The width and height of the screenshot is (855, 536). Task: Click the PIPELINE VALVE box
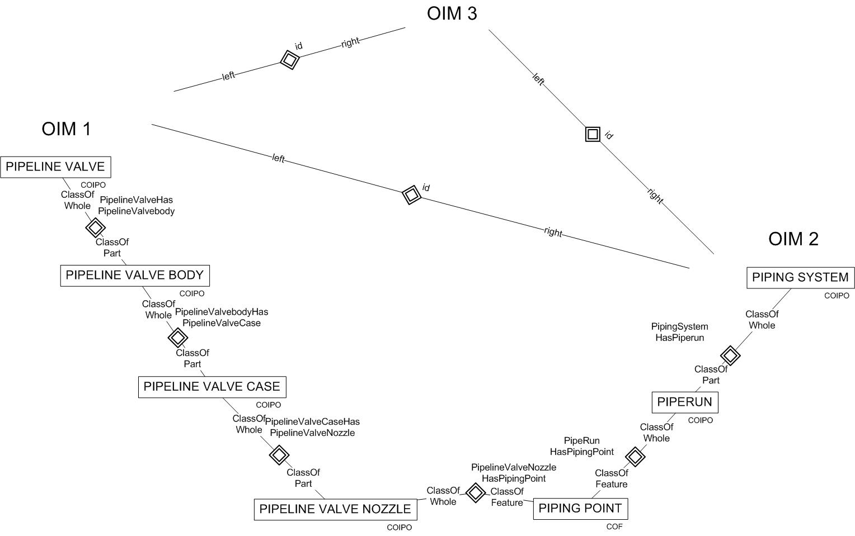click(x=55, y=167)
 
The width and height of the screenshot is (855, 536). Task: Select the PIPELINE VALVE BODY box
click(x=135, y=276)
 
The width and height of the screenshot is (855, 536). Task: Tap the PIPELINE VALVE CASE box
click(x=212, y=387)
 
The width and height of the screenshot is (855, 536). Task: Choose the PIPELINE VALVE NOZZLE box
click(x=335, y=509)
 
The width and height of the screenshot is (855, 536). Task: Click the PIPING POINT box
click(x=580, y=509)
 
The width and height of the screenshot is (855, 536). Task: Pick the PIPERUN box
click(x=684, y=402)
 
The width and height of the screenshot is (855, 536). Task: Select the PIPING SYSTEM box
click(x=800, y=278)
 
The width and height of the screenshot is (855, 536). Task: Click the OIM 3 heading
click(x=452, y=13)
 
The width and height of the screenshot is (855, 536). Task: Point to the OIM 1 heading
click(x=66, y=129)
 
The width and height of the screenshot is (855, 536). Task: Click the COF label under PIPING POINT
click(x=614, y=526)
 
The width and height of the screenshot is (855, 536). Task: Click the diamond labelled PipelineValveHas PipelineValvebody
click(x=95, y=227)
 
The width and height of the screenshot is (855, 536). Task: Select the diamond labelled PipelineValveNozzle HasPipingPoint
click(x=476, y=492)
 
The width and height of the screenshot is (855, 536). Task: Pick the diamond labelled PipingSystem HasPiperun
click(x=730, y=355)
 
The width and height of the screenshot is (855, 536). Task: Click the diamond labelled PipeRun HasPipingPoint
click(x=635, y=457)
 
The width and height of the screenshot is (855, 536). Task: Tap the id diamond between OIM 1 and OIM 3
click(x=289, y=59)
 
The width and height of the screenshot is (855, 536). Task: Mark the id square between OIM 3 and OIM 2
click(x=593, y=134)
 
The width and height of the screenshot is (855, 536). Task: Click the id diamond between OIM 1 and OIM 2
click(x=411, y=195)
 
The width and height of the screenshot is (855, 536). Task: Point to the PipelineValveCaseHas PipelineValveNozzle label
click(x=312, y=427)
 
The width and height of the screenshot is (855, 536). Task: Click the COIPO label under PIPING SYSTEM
click(x=837, y=296)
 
